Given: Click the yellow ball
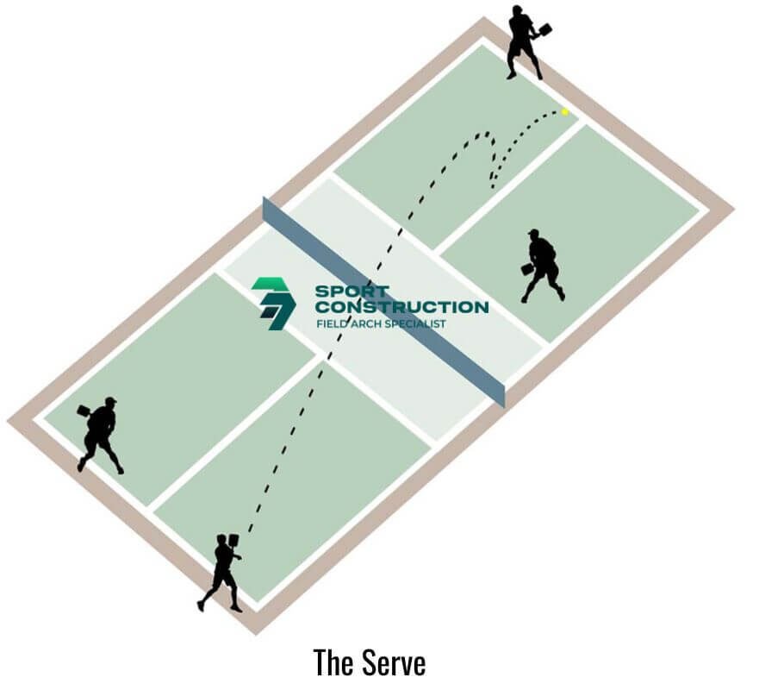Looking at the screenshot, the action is pyautogui.click(x=564, y=112).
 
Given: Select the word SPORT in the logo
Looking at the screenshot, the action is pyautogui.click(x=352, y=291).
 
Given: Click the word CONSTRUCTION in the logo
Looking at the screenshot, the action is pyautogui.click(x=402, y=307).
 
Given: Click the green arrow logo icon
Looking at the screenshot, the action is pyautogui.click(x=273, y=304).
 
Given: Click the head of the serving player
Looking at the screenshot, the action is pyautogui.click(x=221, y=540).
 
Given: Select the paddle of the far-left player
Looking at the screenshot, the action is pyautogui.click(x=84, y=411).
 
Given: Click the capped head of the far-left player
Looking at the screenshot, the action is pyautogui.click(x=110, y=402).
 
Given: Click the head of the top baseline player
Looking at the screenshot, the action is pyautogui.click(x=518, y=10).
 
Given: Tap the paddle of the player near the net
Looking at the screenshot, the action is pyautogui.click(x=527, y=269).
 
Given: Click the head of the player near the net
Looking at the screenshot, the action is pyautogui.click(x=534, y=235).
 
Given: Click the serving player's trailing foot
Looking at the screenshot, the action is pyautogui.click(x=201, y=605).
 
